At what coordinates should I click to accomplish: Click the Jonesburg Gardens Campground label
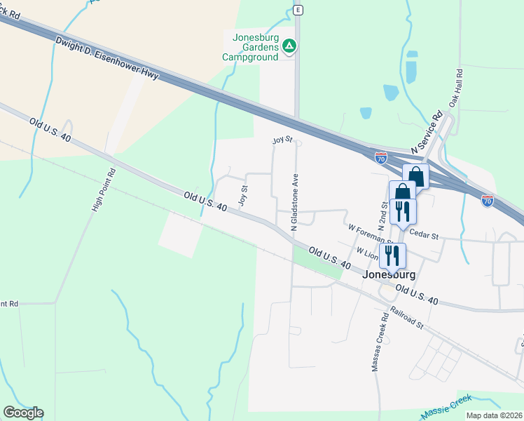pos(251,46)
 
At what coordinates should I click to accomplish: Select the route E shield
pos(298,10)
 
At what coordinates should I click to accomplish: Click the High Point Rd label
pos(103,189)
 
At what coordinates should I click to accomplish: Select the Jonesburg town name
pos(389,275)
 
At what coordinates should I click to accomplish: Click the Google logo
pos(22,413)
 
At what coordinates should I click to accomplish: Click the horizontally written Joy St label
pos(282,140)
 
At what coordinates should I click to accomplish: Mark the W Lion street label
pos(367,252)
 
